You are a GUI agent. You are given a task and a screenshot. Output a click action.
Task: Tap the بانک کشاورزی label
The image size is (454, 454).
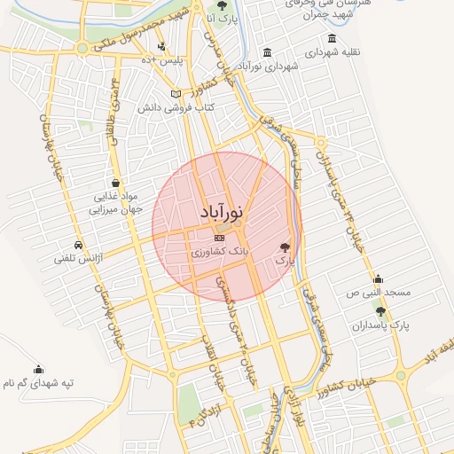(x=221, y=253)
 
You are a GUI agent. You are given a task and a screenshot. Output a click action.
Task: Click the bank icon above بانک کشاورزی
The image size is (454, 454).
(x=220, y=238)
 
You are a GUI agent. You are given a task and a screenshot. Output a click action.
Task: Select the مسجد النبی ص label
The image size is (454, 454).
(x=380, y=292)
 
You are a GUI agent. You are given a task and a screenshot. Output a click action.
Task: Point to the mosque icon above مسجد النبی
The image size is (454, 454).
(x=379, y=278)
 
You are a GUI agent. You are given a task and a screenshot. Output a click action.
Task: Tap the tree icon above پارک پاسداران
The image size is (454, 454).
(x=381, y=311)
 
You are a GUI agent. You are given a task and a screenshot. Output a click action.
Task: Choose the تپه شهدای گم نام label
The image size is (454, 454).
(x=38, y=384)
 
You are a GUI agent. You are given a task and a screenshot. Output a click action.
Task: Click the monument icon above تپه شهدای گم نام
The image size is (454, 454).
(x=38, y=370)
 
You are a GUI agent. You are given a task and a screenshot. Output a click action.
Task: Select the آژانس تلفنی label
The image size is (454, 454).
(x=79, y=259)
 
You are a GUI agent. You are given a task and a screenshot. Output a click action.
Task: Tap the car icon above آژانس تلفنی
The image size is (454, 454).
(x=79, y=245)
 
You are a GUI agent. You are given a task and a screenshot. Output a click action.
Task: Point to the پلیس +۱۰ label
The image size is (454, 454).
(x=163, y=60)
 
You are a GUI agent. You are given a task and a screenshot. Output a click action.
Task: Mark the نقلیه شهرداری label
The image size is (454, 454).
(x=332, y=51)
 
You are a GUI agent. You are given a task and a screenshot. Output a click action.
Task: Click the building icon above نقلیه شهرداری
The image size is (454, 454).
(x=332, y=38)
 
